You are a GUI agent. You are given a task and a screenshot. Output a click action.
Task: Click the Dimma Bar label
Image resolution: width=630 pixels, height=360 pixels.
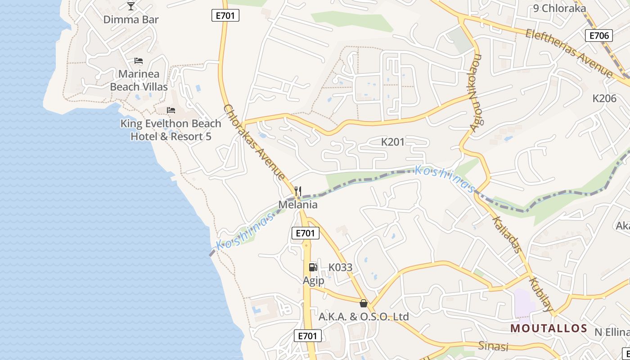(131, 19)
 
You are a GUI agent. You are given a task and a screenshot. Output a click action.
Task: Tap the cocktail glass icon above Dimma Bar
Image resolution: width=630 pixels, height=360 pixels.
(131, 6)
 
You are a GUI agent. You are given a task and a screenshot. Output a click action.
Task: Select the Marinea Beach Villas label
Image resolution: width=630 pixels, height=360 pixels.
(139, 80)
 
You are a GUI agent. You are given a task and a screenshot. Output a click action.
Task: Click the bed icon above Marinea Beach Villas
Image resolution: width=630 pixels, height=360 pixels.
(139, 61)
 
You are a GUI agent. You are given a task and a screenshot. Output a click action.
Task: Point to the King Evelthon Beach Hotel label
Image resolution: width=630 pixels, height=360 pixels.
(171, 130)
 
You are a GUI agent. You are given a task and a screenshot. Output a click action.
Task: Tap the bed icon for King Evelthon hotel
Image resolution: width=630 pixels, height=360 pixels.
(171, 110)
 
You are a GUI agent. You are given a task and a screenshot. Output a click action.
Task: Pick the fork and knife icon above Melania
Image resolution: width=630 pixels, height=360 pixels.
(297, 191)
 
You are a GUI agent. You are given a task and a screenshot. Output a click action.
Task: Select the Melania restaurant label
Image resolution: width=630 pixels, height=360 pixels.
(298, 205)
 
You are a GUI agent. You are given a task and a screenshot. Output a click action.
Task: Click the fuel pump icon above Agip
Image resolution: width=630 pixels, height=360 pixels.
(313, 267)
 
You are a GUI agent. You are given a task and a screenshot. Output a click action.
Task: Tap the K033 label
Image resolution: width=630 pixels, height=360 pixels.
(340, 267)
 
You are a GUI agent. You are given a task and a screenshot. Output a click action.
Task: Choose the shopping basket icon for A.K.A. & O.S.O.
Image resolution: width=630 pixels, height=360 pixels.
(364, 303)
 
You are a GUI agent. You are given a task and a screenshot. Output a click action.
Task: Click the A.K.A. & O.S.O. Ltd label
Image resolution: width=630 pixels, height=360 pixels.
(364, 317)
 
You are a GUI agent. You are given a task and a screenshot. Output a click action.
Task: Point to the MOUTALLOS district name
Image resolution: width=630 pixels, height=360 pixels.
(549, 328)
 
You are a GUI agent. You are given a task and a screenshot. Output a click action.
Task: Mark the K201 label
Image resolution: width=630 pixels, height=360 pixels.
(393, 142)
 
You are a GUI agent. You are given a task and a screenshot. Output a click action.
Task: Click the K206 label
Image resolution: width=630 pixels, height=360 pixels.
(604, 99)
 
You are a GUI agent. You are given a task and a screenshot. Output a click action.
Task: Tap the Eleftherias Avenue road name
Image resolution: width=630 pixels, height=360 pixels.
(569, 53)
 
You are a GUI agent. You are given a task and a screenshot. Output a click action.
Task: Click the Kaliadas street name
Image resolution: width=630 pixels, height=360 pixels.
(507, 235)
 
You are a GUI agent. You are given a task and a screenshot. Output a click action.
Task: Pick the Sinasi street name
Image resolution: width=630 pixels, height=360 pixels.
(493, 346)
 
